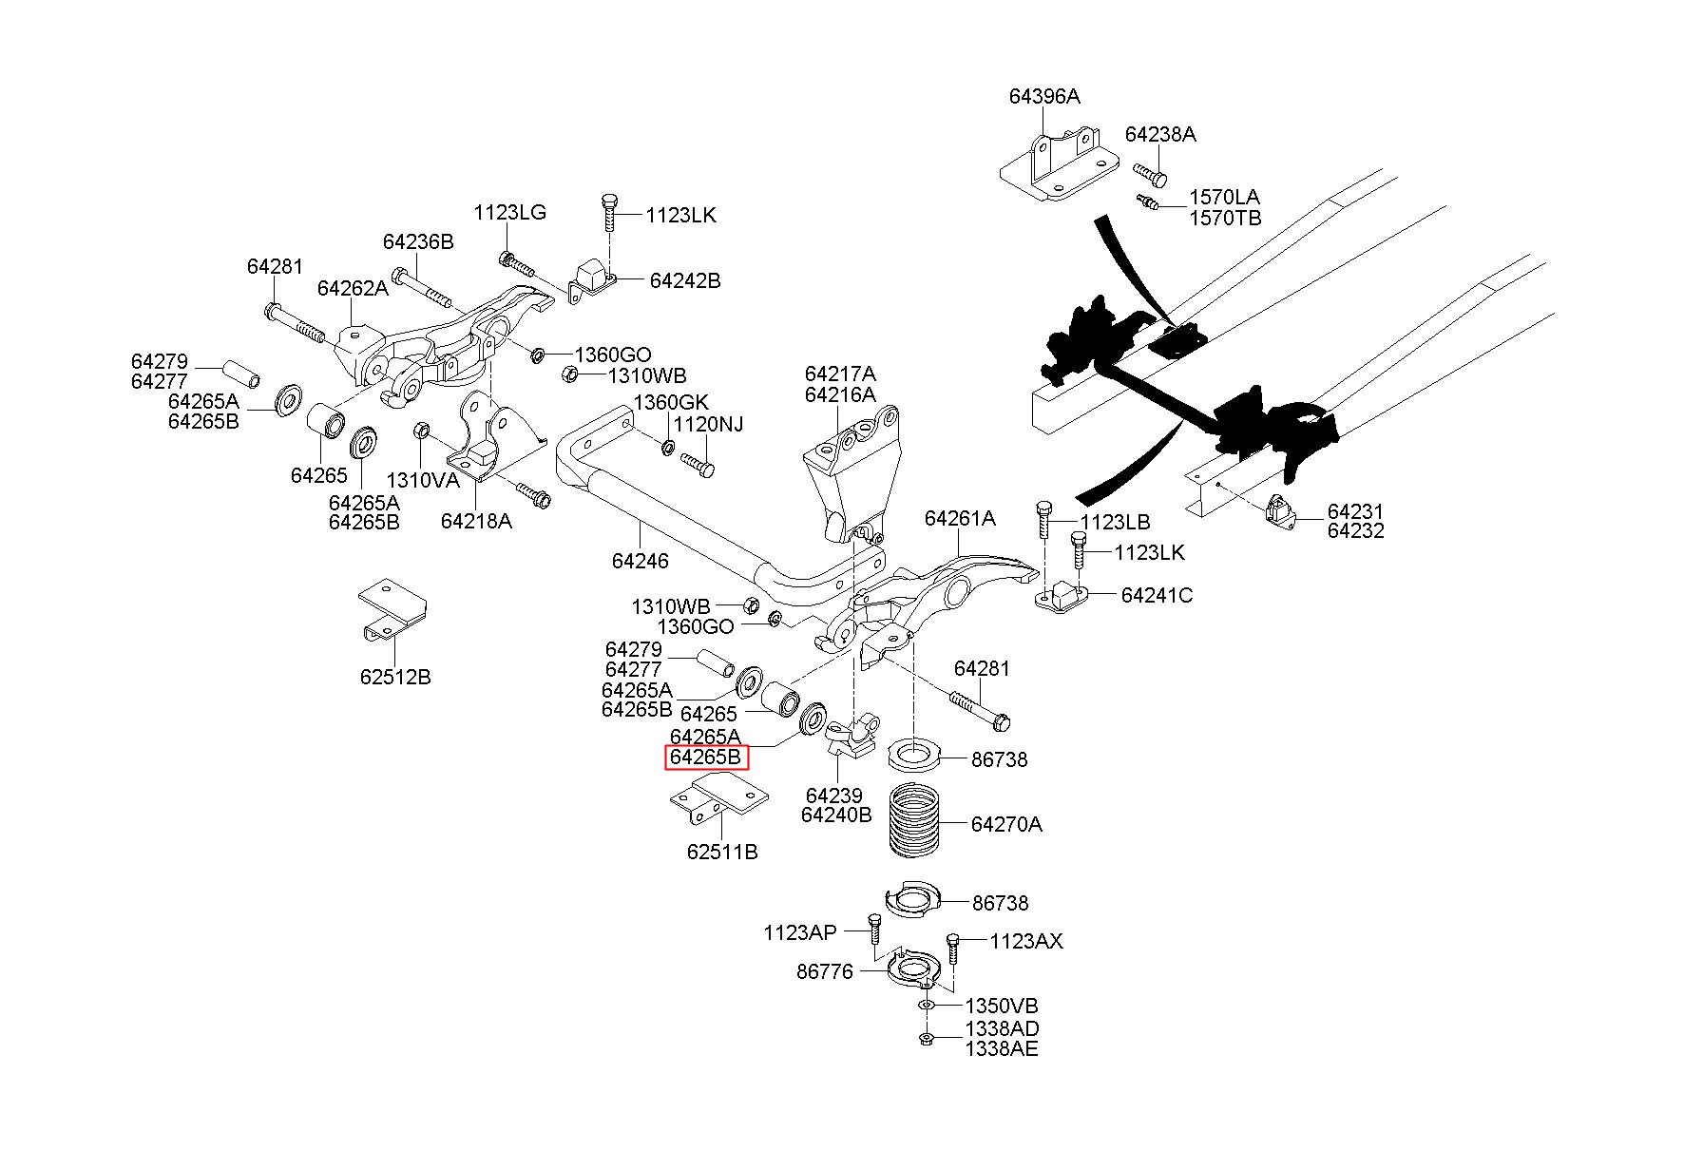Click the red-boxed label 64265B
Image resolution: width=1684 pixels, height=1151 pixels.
[x=705, y=758]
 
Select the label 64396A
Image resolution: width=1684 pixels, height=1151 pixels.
[x=1044, y=97]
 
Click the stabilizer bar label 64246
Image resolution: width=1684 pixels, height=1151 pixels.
[x=640, y=561]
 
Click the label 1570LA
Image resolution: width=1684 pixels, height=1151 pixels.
[x=1224, y=198]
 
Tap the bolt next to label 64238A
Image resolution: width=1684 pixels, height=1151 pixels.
[x=1151, y=174]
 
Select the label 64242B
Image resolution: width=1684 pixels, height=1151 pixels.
[x=684, y=280]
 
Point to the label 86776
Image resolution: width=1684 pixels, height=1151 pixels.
[x=824, y=971]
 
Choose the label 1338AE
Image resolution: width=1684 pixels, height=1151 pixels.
[x=1002, y=1048]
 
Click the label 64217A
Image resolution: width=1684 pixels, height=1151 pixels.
[x=840, y=374]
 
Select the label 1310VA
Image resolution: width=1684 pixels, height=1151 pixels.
[x=422, y=480]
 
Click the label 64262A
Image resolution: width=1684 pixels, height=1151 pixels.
[x=353, y=288]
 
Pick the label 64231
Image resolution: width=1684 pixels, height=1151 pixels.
[x=1355, y=511]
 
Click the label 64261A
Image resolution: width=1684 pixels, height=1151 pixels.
[x=960, y=518]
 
